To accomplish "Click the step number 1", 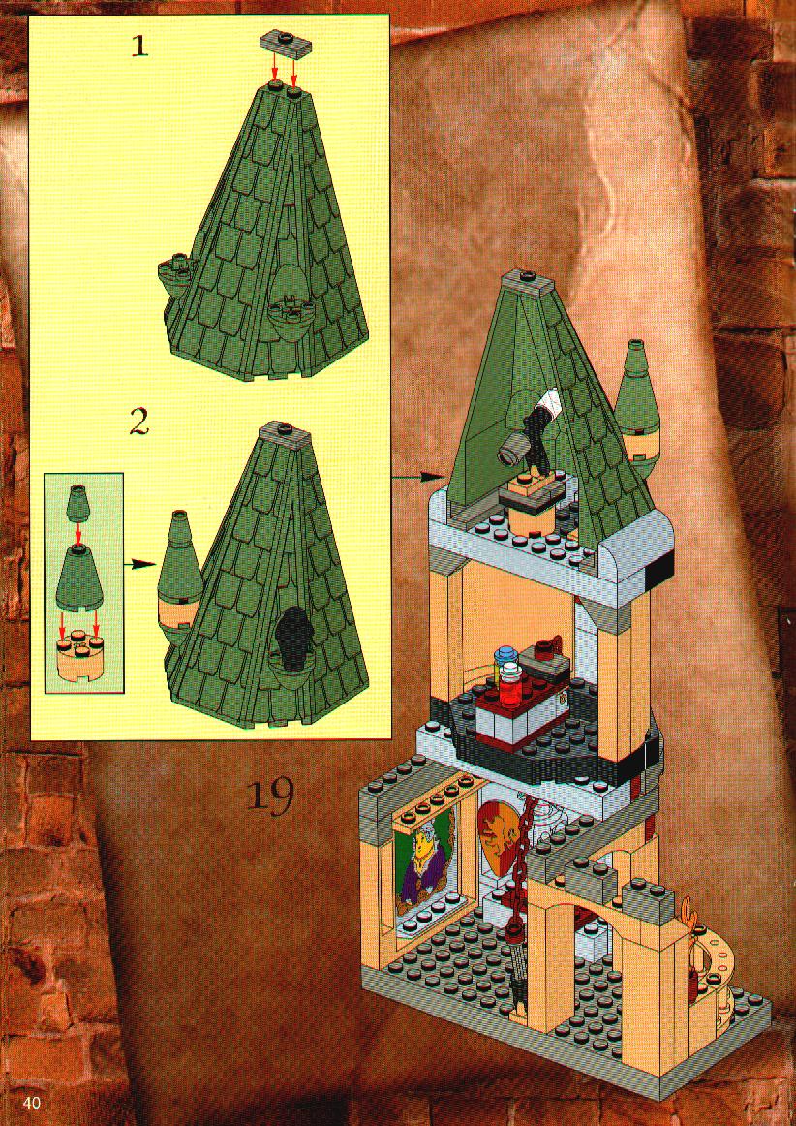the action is coord(140,47).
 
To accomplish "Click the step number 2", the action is coord(139,422).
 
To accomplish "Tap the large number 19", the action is coord(270,795).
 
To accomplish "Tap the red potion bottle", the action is coord(510,685).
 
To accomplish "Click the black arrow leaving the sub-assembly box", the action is coord(139,564).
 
